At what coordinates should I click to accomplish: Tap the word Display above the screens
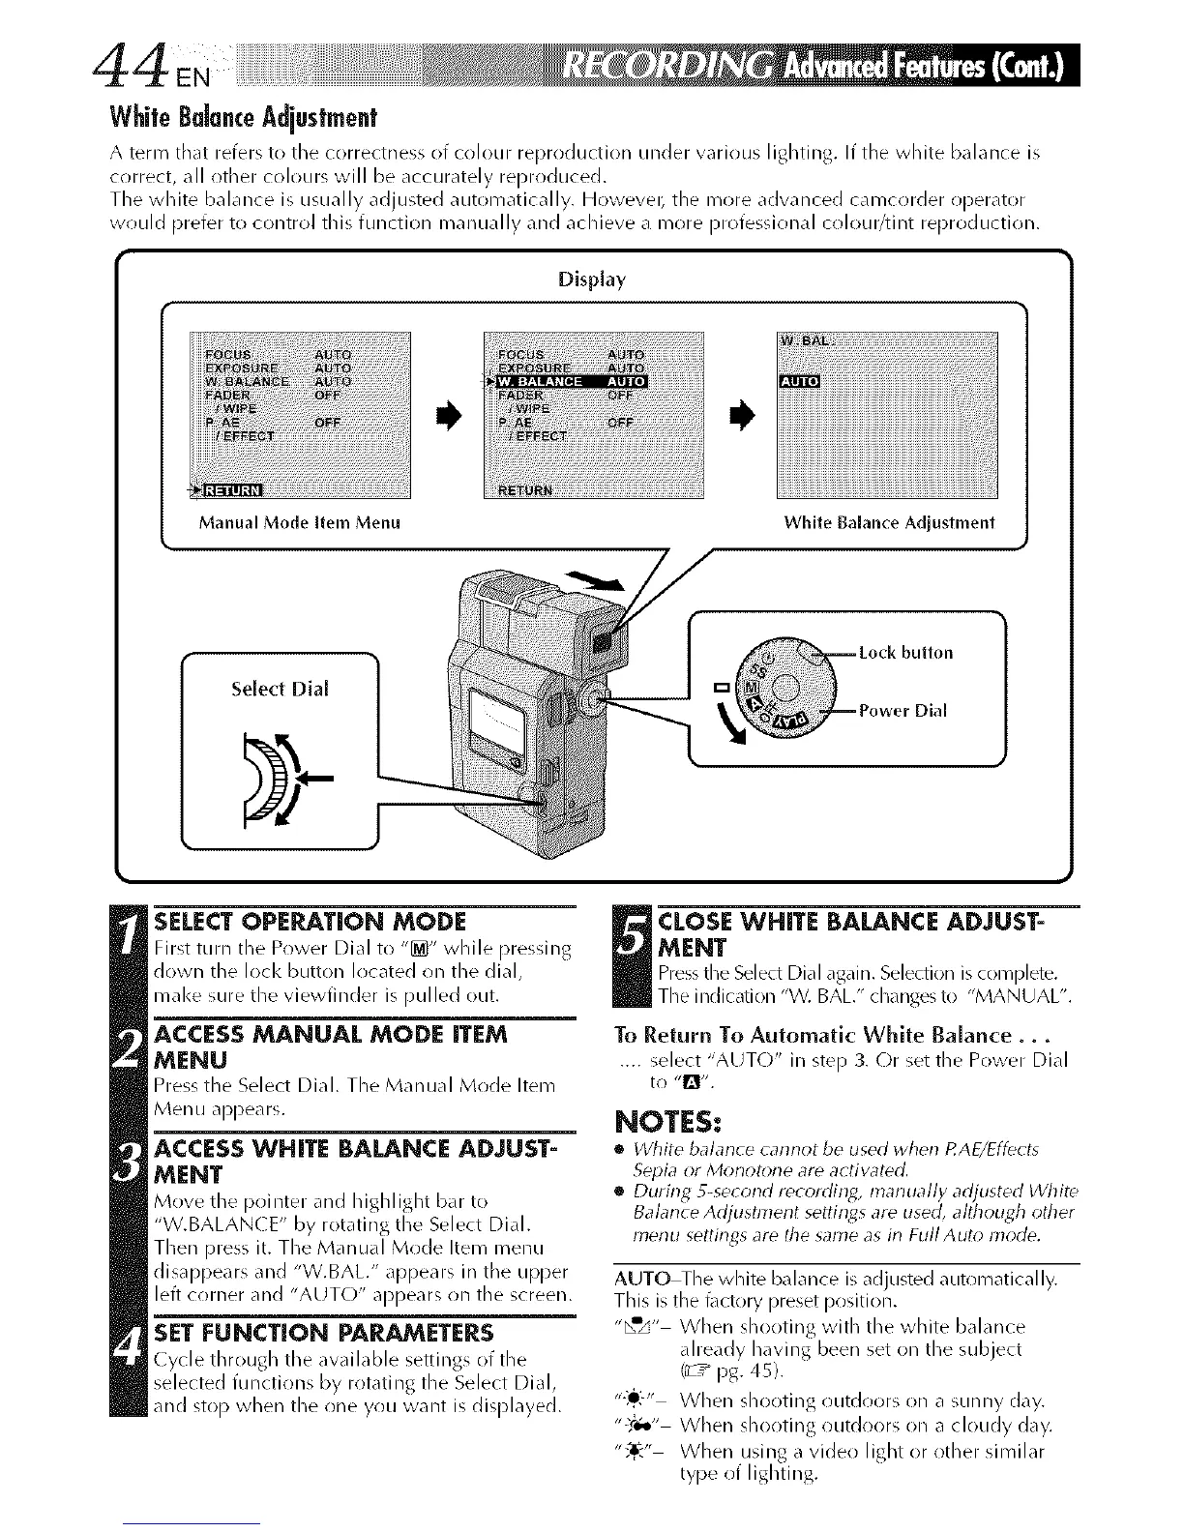tap(592, 280)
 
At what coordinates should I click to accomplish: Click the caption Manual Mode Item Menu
tap(299, 523)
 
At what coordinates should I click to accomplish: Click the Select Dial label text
tap(280, 689)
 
